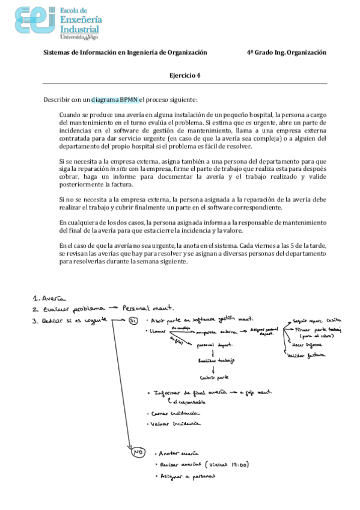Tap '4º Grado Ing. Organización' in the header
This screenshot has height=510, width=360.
(286, 52)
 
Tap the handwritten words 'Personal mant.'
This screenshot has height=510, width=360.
(145, 307)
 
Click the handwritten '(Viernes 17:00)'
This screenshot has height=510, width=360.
(230, 464)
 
